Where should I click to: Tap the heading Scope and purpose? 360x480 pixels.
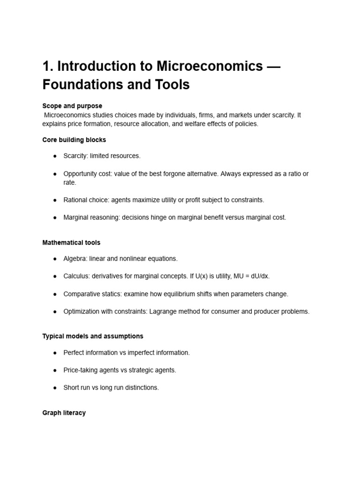72,106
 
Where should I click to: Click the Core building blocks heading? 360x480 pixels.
74,140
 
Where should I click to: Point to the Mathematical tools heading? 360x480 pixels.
71,243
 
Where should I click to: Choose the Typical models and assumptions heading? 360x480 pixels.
93,336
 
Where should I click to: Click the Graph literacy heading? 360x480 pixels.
64,413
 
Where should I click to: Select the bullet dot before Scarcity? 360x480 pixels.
55,156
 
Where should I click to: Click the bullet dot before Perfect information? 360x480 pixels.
55,352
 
